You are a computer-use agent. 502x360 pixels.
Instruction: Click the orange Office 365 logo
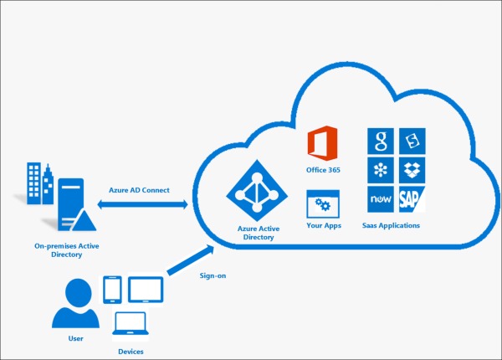click(322, 143)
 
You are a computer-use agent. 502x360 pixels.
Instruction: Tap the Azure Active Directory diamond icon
click(257, 191)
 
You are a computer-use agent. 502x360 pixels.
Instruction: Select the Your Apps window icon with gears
click(323, 204)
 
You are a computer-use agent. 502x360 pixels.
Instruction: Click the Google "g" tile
click(381, 141)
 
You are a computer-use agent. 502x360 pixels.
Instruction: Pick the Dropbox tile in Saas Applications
click(412, 170)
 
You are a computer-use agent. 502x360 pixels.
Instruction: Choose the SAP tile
click(412, 199)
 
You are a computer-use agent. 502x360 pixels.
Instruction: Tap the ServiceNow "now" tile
click(381, 199)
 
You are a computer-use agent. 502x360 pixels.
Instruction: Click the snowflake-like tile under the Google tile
click(381, 170)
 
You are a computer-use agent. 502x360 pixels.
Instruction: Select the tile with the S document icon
click(412, 141)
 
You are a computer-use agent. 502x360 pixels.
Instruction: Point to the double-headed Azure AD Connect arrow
click(142, 204)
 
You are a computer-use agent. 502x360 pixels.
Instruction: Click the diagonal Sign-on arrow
click(191, 260)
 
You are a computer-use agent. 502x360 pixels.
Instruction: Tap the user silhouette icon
click(76, 303)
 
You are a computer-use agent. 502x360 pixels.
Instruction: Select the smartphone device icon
click(112, 290)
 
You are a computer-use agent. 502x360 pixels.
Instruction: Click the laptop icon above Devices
click(131, 323)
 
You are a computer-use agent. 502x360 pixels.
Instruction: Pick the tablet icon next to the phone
click(146, 290)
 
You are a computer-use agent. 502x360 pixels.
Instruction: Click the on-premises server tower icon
click(74, 205)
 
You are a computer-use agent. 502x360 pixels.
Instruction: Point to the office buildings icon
click(40, 183)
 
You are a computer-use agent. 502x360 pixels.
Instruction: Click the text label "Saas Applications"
click(391, 225)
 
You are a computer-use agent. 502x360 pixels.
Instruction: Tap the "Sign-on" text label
click(213, 275)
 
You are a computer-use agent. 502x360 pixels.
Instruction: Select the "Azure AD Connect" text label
click(139, 190)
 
